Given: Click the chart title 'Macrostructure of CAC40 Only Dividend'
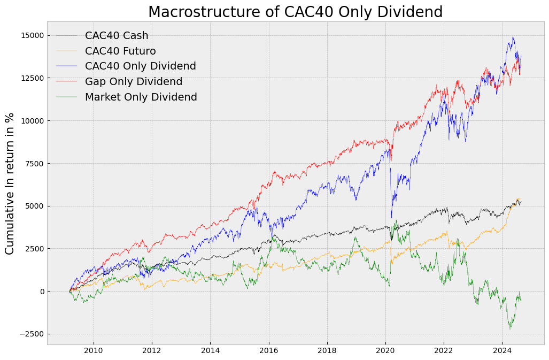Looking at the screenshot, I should click(295, 12).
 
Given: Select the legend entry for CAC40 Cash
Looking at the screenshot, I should click(117, 36).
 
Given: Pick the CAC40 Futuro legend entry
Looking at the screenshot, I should click(120, 51).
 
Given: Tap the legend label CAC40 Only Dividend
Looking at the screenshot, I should click(140, 66).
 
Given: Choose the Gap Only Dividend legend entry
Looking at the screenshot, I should click(134, 82).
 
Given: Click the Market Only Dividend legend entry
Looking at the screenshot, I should click(141, 97).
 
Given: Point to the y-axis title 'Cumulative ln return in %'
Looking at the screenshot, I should click(10, 183).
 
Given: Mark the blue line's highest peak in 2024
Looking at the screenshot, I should click(513, 36).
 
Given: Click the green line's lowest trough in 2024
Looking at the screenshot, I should click(510, 329).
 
